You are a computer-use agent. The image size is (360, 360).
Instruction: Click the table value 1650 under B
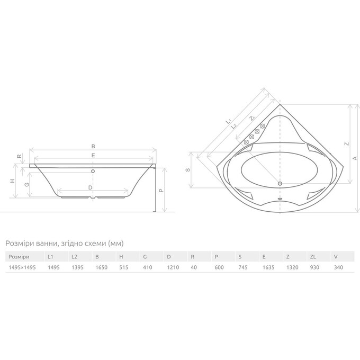(x=101, y=267)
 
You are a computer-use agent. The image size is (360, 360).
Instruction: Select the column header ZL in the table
(x=313, y=257)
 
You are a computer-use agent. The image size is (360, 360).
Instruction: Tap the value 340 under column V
(x=338, y=267)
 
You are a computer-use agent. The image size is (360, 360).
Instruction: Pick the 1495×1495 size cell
(x=22, y=267)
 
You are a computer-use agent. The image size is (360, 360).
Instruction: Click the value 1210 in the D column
(x=173, y=267)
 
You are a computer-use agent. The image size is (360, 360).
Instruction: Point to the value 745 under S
(x=243, y=267)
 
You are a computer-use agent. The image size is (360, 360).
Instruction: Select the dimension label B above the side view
(x=93, y=146)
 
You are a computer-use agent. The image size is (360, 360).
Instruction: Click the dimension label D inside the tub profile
(x=90, y=187)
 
